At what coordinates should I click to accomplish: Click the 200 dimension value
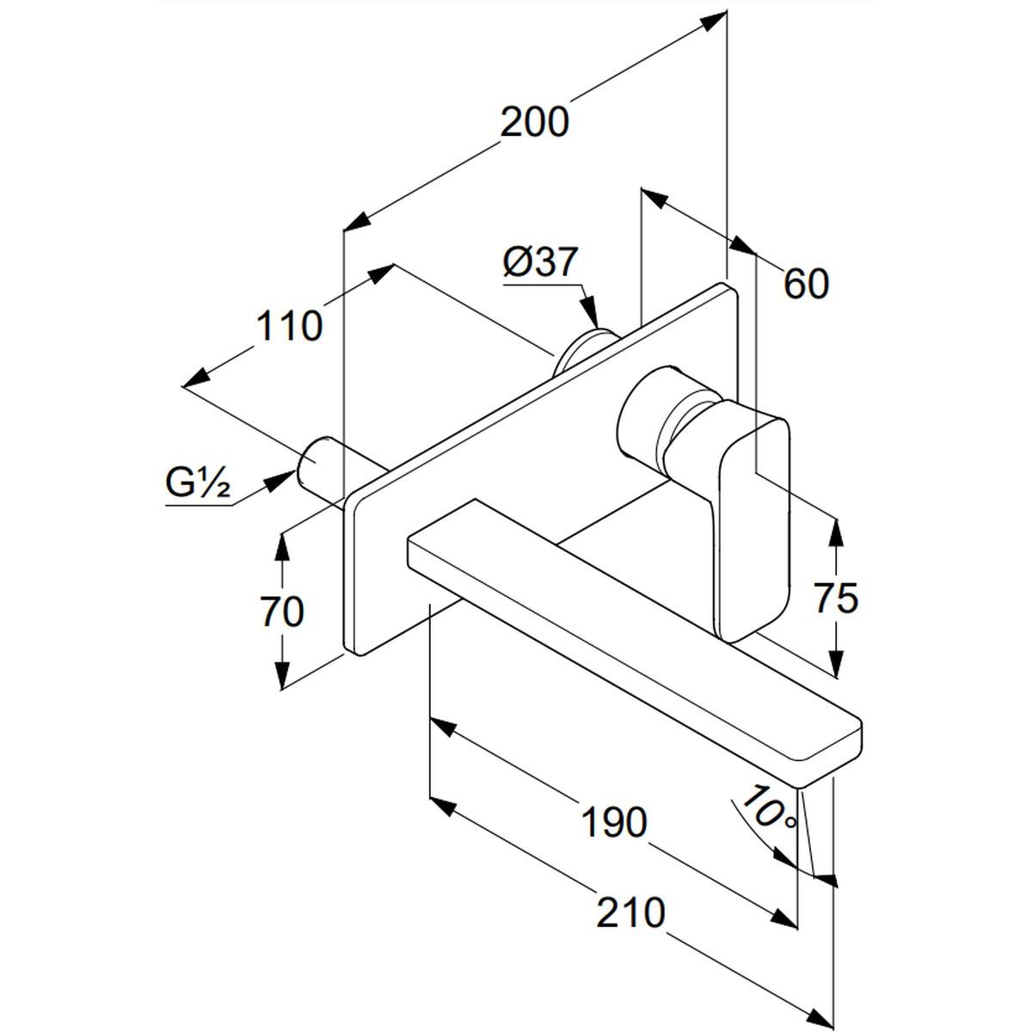(535, 122)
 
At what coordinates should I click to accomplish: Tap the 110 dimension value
(290, 327)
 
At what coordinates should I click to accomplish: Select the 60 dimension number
(806, 284)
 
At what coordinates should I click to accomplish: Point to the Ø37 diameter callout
(541, 262)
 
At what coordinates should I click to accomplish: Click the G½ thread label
(198, 487)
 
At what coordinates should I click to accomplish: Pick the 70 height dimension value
(281, 612)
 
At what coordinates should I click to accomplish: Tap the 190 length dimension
(614, 823)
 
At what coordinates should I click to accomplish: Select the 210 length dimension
(632, 912)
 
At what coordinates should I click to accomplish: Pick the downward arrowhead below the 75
(833, 661)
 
